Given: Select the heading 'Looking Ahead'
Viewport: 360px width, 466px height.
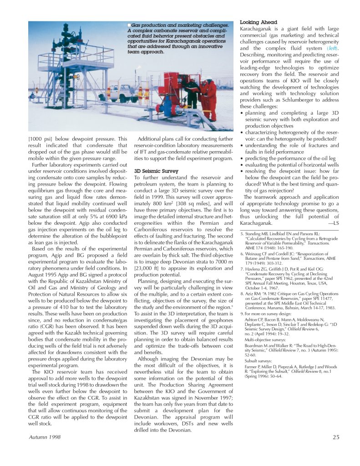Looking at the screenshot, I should coord(258,22).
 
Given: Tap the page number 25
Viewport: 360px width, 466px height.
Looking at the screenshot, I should coord(335,437).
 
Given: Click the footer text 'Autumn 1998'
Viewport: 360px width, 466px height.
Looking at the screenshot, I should coord(45,437).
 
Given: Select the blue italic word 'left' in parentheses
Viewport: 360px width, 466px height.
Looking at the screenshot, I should coord(333,48).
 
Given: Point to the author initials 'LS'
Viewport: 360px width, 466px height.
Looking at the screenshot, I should coord(335,223).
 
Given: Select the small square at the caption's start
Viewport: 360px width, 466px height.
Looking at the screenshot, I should coord(129,25).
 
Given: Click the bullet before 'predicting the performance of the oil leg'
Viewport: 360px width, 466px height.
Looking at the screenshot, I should coord(242,158).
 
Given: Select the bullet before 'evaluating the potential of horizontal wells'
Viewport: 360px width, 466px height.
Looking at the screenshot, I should coord(242,165).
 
